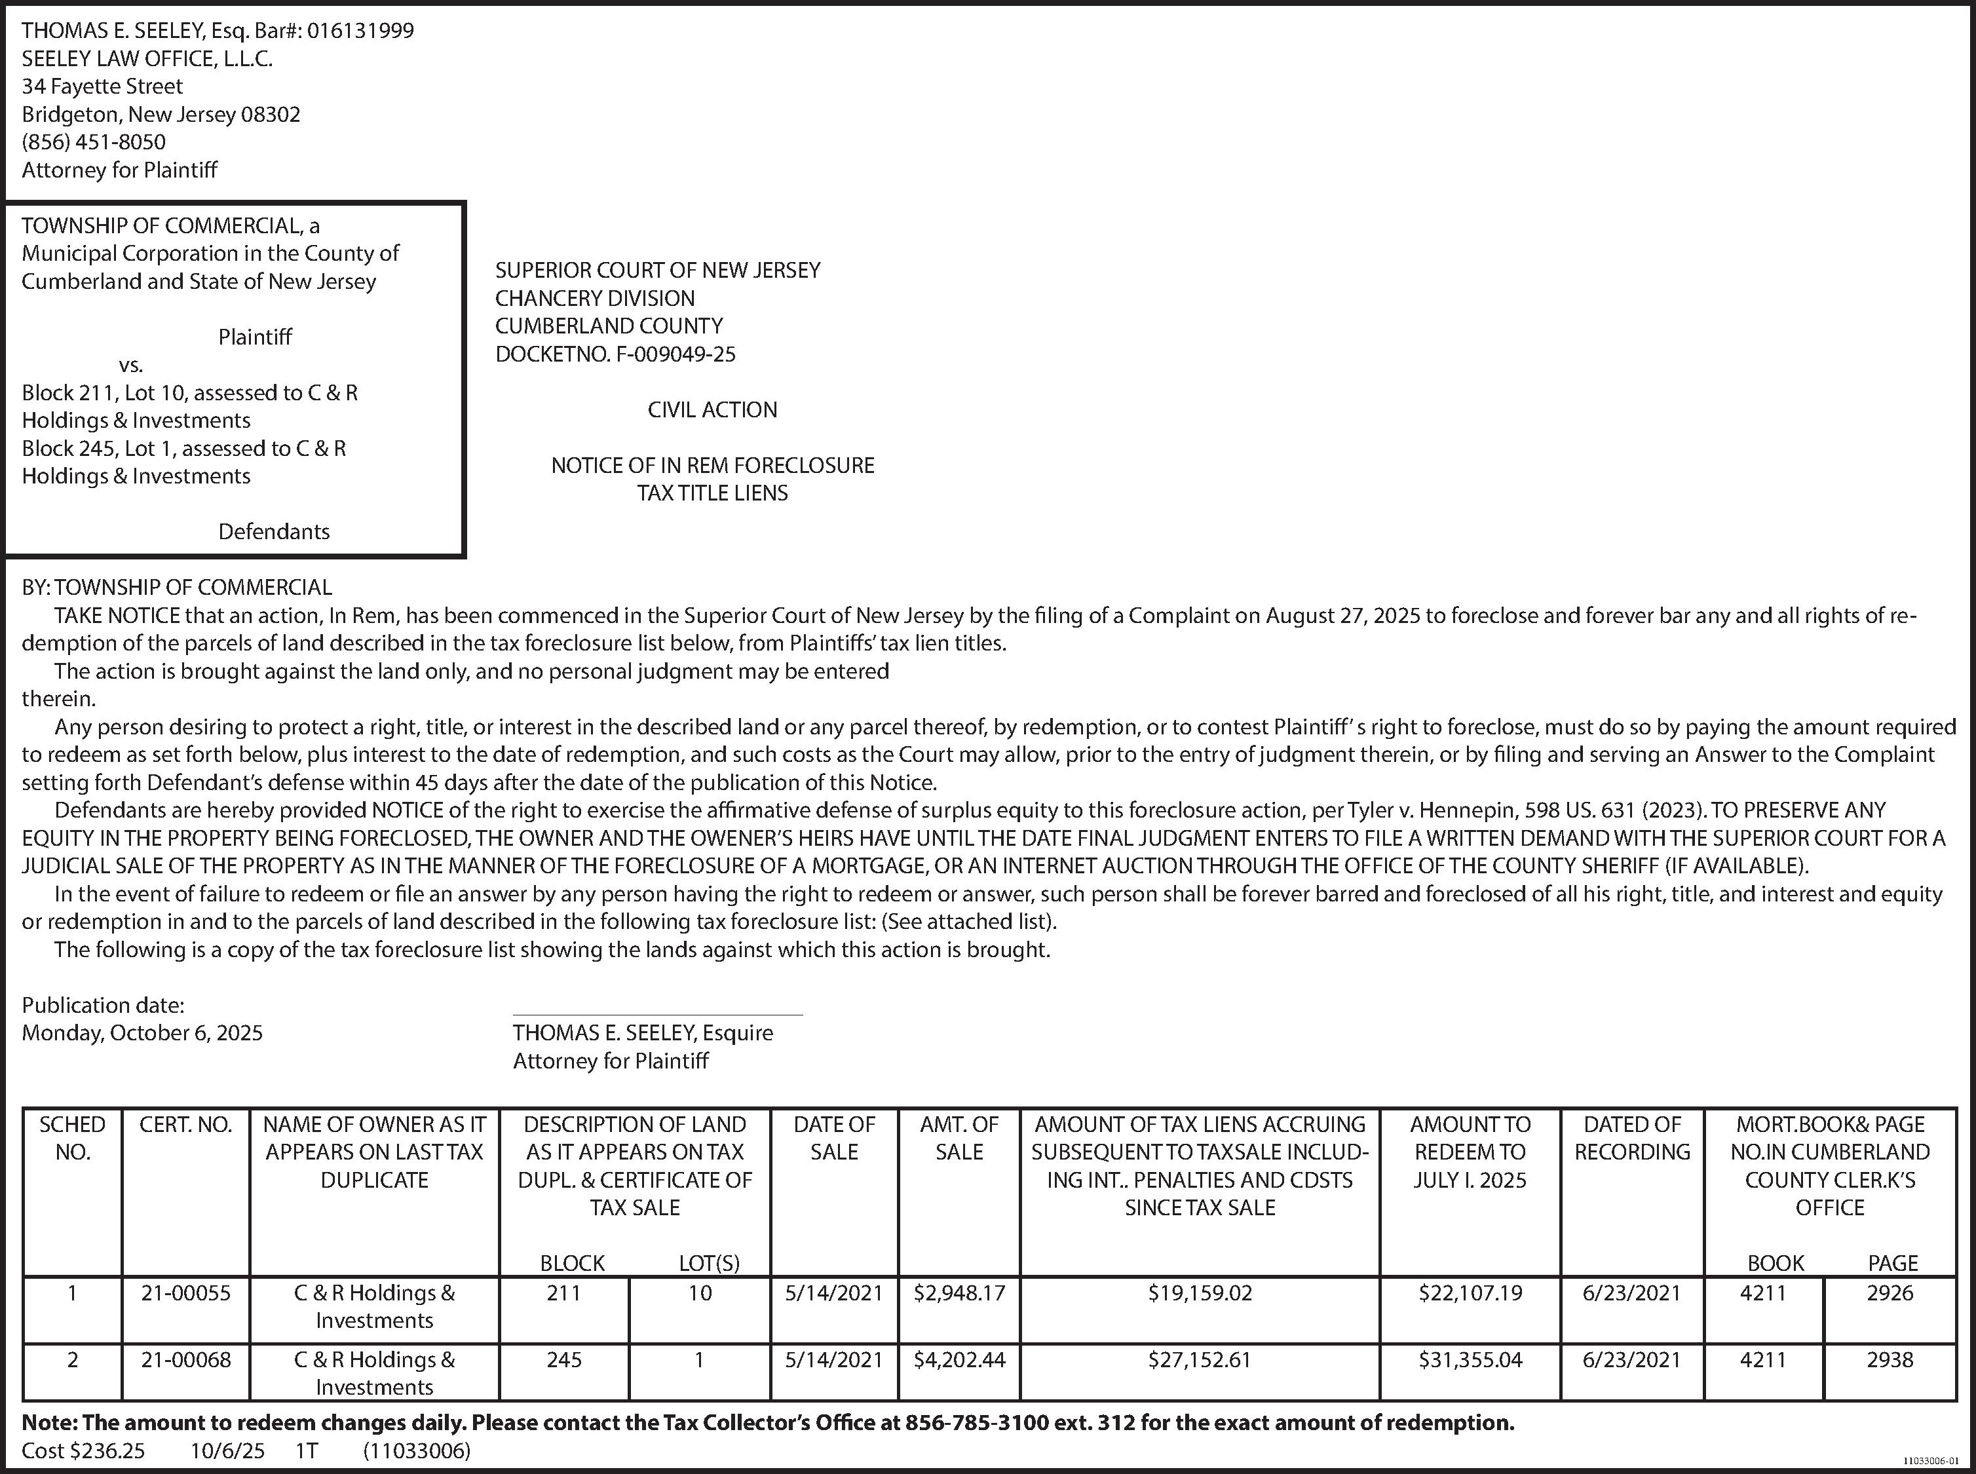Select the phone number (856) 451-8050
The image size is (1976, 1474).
tap(94, 142)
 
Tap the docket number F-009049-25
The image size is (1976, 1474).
tap(675, 354)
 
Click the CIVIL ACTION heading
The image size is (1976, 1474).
tap(712, 409)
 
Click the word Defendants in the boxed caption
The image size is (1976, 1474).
tap(274, 532)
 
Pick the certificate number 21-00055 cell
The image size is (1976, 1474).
tap(185, 1293)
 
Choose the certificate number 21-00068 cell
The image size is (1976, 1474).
tap(185, 1360)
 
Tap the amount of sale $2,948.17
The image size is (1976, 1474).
tap(959, 1293)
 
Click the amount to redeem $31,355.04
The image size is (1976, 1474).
tap(1470, 1360)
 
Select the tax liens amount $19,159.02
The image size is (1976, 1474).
tap(1200, 1293)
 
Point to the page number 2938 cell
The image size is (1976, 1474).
tap(1890, 1360)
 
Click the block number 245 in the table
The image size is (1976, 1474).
tap(564, 1360)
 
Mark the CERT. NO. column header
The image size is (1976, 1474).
tap(185, 1125)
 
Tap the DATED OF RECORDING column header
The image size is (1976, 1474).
tap(1631, 1139)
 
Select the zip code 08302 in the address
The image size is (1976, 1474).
tap(271, 114)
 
